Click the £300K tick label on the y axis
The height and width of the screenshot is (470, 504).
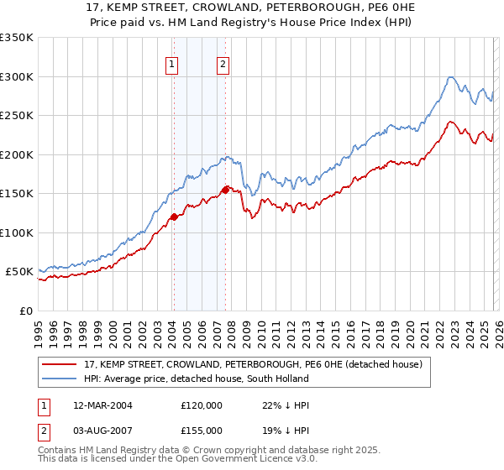pos(17,76)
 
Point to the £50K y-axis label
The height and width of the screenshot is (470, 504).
pos(19,272)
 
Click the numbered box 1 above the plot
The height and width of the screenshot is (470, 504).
pos(172,63)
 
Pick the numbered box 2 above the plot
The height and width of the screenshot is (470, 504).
pos(223,63)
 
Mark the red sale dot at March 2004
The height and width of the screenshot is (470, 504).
pos(174,217)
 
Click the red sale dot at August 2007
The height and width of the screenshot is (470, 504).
pos(224,190)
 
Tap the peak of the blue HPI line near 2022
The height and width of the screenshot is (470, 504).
pos(450,77)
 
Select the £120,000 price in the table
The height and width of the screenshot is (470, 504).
pos(202,405)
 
